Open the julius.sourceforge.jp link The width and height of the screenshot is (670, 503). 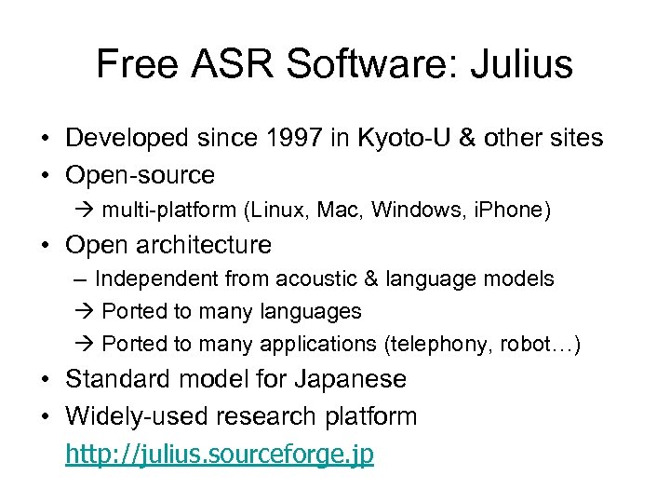220,455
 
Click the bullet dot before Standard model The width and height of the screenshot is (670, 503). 45,380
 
